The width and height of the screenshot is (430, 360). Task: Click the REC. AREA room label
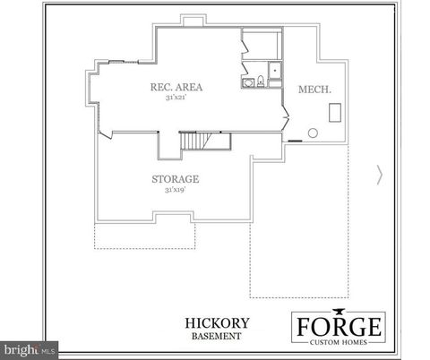point(175,87)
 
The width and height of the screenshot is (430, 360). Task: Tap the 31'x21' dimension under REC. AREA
point(175,98)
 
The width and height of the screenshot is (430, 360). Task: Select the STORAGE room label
point(175,179)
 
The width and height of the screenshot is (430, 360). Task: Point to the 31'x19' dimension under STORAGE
point(175,190)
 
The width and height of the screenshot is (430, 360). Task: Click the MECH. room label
point(308,90)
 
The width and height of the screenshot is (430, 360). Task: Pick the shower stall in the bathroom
point(273,72)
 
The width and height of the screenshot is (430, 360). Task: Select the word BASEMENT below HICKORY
point(214,336)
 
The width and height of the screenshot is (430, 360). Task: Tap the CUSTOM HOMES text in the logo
point(339,341)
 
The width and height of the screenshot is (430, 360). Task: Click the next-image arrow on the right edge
point(380,175)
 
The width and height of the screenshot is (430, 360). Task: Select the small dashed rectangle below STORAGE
point(145,236)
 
